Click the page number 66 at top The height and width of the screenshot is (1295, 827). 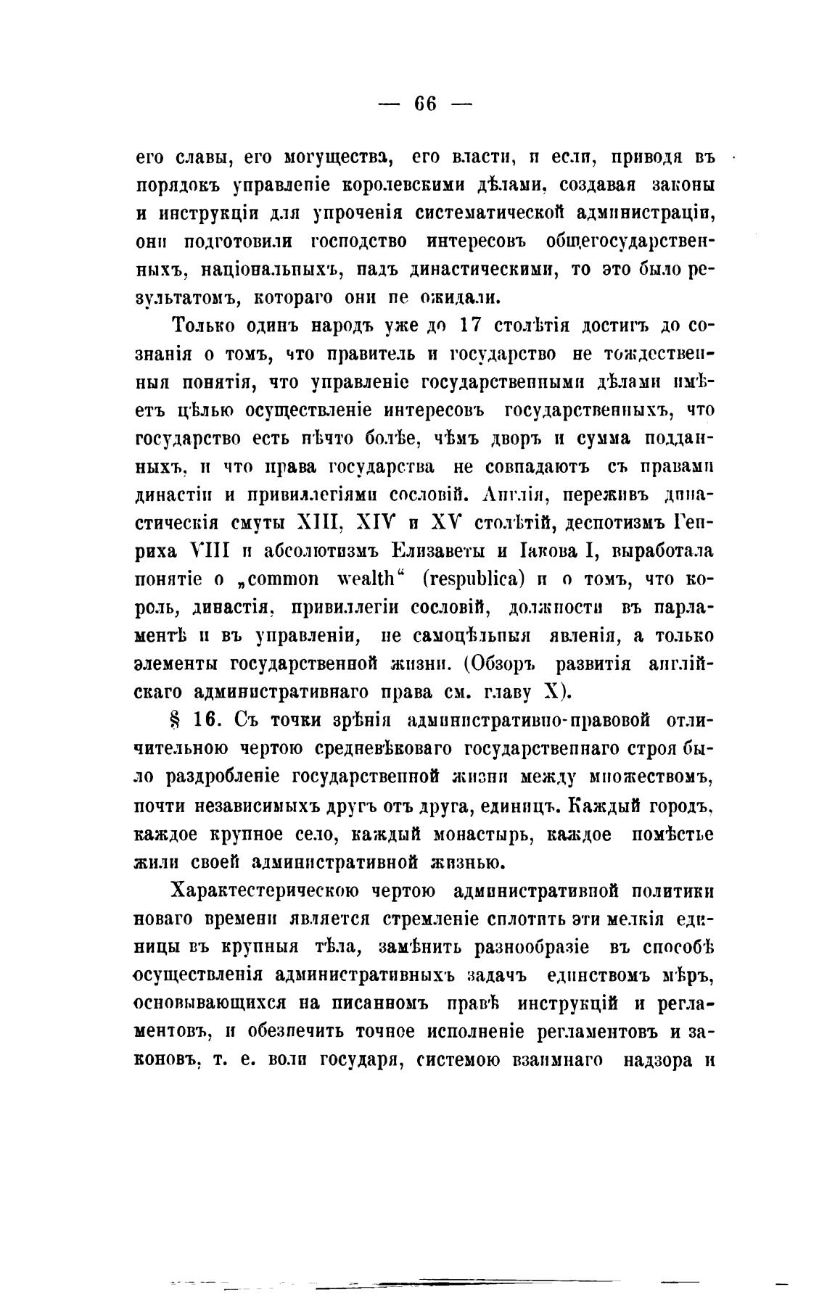click(x=425, y=104)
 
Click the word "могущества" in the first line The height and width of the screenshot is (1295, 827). click(x=328, y=157)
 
